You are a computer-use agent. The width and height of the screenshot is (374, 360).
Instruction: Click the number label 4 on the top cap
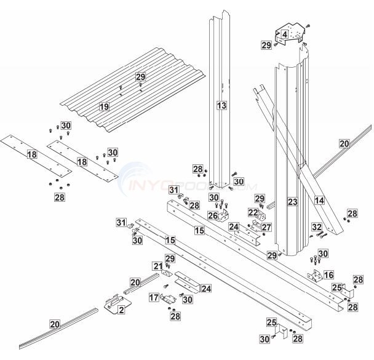click(285, 35)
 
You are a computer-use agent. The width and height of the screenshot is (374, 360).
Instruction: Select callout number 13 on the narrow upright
click(221, 106)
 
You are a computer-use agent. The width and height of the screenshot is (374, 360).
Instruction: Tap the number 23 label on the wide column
click(292, 201)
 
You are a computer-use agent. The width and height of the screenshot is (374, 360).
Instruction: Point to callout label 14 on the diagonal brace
click(319, 200)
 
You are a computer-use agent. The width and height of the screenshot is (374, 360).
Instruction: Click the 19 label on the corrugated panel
click(105, 106)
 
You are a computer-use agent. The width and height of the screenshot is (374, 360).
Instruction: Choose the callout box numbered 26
click(212, 216)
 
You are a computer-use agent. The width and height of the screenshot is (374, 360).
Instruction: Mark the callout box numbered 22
click(253, 212)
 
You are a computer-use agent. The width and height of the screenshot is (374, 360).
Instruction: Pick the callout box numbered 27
click(266, 227)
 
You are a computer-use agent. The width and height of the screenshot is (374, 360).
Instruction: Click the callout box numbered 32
click(317, 226)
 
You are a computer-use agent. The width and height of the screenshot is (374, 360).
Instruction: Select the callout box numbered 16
click(328, 275)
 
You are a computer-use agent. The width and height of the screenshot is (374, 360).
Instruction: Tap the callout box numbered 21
click(157, 266)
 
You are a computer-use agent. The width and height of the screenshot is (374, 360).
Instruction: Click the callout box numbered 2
click(121, 310)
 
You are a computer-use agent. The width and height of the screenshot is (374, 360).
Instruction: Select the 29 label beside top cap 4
click(266, 45)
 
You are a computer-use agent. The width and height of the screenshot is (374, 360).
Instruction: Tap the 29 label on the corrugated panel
click(140, 76)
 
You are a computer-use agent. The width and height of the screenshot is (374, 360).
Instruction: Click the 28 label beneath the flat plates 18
click(59, 197)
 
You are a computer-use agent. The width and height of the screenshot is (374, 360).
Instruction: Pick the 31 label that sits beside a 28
click(174, 190)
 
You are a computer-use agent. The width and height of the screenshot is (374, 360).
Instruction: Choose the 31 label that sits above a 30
click(122, 222)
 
